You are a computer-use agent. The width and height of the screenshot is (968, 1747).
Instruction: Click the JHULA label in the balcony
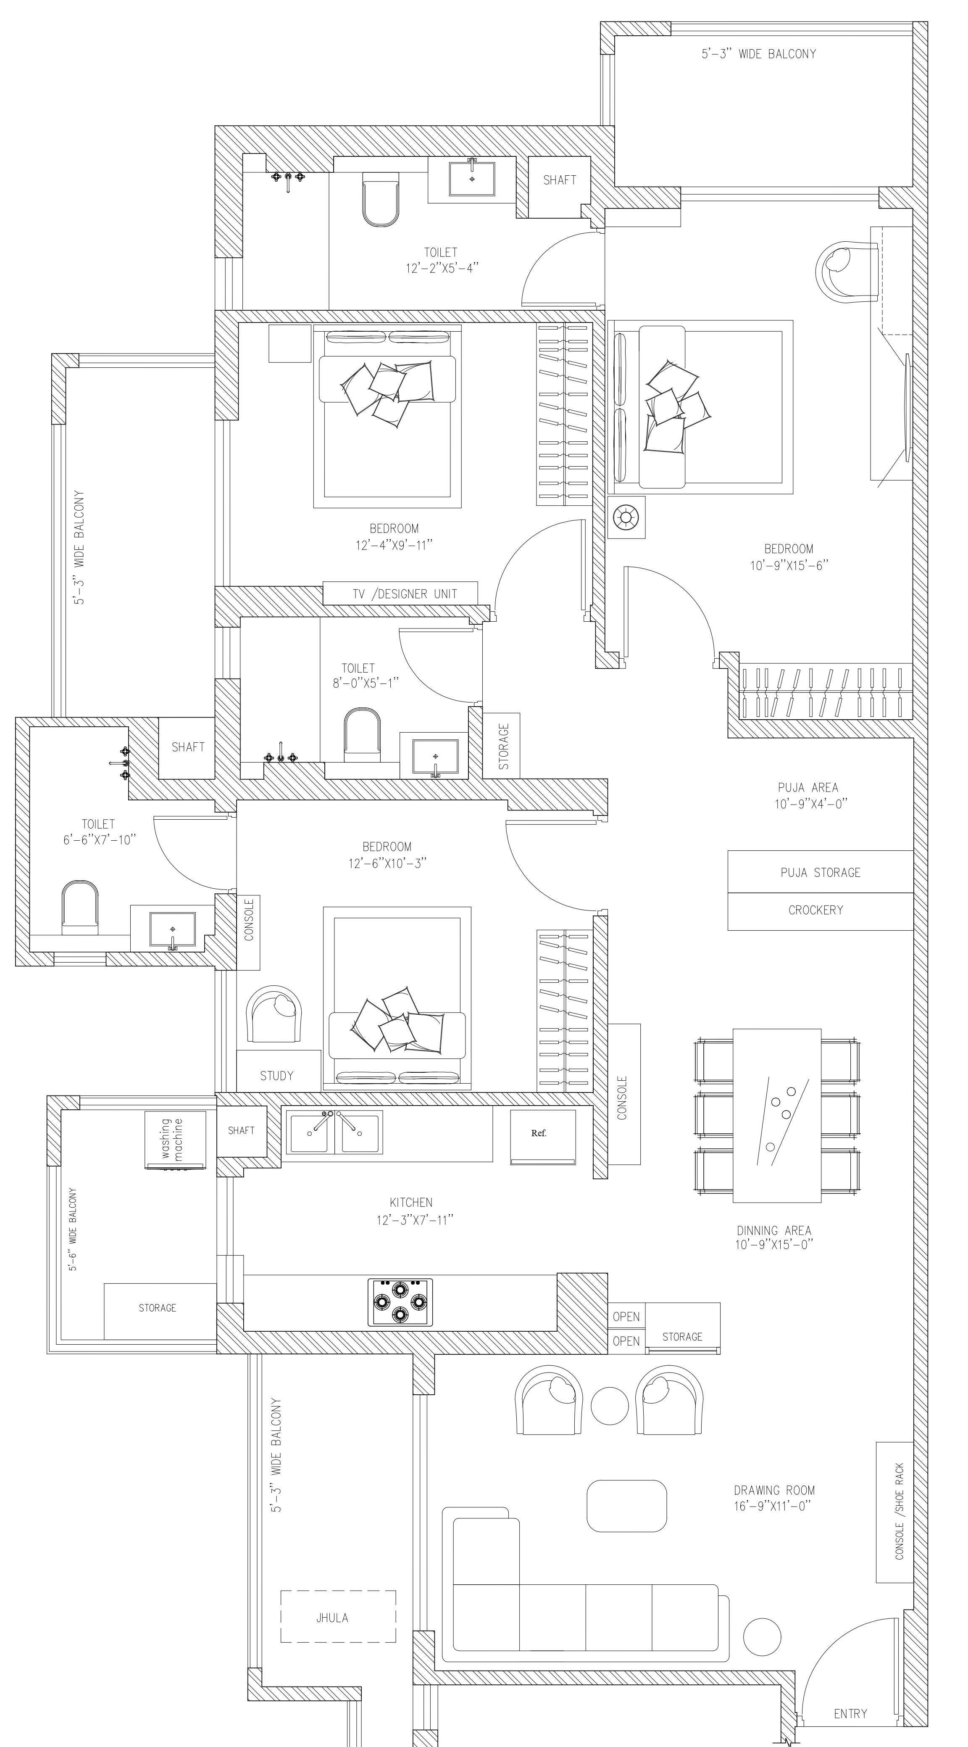coord(332,1618)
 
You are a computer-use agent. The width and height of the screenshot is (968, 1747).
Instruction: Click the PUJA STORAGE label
coord(820,873)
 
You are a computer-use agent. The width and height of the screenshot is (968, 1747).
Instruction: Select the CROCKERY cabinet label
coord(815,910)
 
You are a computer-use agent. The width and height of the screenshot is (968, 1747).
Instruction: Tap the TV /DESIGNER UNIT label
coord(405,594)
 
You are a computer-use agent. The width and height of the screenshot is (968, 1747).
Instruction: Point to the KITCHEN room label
coord(411,1202)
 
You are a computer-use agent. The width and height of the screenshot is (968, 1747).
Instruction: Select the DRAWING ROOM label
coord(774,1490)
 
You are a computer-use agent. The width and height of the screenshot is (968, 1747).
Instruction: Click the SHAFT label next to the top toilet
coord(559,180)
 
